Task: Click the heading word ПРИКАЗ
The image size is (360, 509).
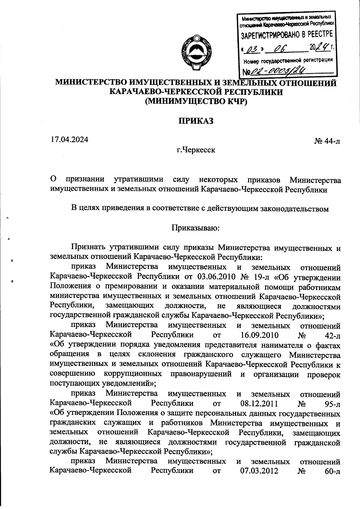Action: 196,121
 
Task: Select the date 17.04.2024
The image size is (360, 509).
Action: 69,139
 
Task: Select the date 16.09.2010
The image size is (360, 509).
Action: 259,335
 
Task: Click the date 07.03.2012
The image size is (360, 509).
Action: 259,471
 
